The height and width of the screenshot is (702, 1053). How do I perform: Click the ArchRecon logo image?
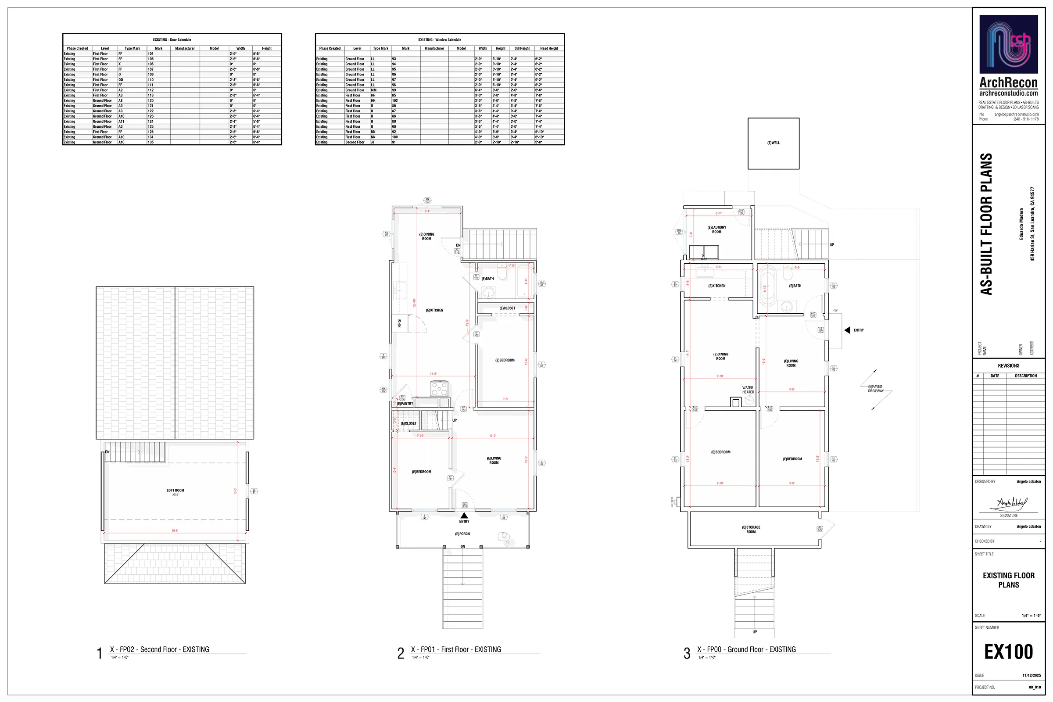tap(1008, 44)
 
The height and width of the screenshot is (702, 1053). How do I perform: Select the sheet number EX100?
tap(1008, 652)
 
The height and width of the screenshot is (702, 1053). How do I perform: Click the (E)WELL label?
tap(773, 143)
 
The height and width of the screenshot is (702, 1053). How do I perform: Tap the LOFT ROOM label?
tap(175, 491)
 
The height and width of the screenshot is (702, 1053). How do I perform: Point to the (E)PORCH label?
tap(462, 534)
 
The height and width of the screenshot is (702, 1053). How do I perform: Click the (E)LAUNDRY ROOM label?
tap(716, 229)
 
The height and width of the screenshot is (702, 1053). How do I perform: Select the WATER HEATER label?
tap(748, 390)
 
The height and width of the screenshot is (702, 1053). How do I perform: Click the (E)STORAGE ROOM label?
tap(751, 529)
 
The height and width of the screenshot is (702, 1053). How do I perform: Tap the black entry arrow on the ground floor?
tap(847, 330)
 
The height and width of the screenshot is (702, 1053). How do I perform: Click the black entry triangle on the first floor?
tap(464, 515)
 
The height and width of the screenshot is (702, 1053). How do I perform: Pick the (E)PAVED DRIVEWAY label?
tap(876, 389)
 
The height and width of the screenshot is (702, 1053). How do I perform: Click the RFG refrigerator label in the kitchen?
tap(399, 323)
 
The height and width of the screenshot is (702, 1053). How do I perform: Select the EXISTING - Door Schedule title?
tap(172, 40)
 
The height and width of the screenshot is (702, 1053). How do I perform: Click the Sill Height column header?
tap(522, 48)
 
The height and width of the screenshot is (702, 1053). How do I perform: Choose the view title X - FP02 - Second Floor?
tap(159, 649)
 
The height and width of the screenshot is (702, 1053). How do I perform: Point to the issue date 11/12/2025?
tap(1031, 675)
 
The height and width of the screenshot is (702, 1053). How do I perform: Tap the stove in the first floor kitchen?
tap(439, 388)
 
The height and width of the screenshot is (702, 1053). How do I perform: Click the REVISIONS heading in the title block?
tap(1008, 365)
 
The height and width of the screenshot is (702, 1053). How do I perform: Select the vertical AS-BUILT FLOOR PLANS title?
tap(987, 224)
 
